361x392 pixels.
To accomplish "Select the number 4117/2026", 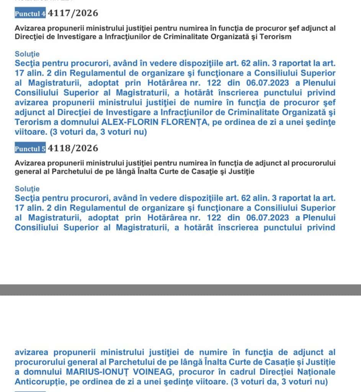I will pyautogui.click(x=73, y=13).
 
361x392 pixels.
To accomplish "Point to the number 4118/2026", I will pyautogui.click(x=73, y=148).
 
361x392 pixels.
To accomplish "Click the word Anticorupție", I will pyautogui.click(x=41, y=382).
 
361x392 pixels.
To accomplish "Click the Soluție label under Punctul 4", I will pyautogui.click(x=27, y=54).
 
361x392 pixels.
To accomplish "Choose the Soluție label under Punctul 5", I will pyautogui.click(x=27, y=189).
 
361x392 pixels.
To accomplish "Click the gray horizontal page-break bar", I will pyautogui.click(x=180, y=290).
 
